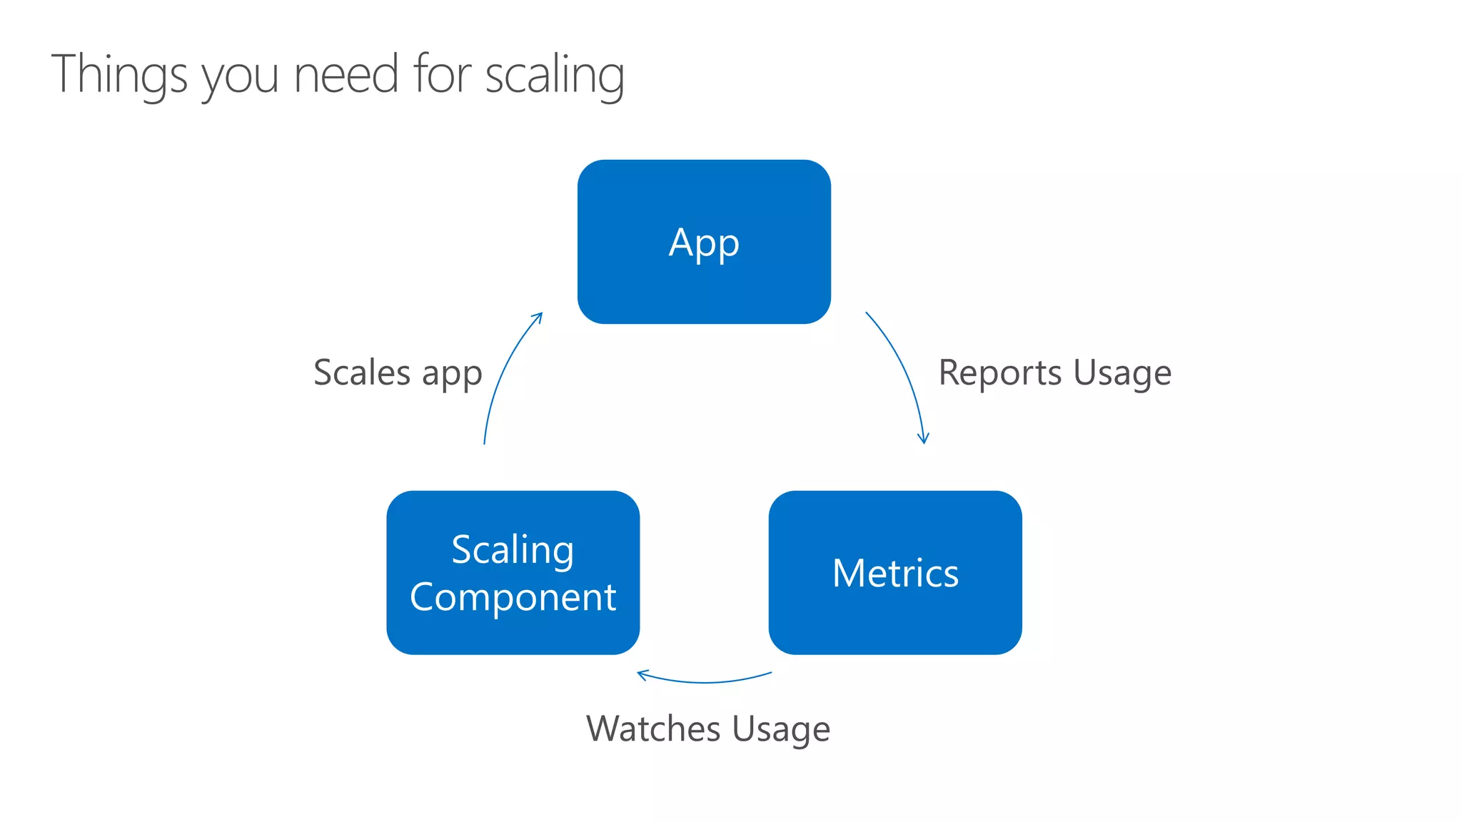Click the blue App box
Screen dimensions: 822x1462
coord(704,241)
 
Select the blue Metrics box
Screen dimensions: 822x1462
coord(895,572)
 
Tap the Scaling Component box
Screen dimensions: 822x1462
coord(513,572)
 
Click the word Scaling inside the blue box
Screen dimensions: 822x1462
coord(513,550)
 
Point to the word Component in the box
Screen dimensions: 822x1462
coord(513,597)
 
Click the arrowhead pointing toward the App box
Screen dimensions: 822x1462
coord(539,316)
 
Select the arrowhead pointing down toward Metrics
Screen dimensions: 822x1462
coord(923,439)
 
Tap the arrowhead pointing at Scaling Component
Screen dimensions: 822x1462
coord(641,674)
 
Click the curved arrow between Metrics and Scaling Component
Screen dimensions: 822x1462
coord(705,681)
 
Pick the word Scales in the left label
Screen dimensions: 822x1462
coord(362,372)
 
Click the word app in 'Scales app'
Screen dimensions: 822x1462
coord(452,375)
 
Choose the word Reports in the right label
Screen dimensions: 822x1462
coord(1000,373)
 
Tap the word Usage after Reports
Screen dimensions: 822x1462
coord(1122,373)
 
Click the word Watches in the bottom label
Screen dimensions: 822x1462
coord(653,729)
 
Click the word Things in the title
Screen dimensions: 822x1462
coord(119,75)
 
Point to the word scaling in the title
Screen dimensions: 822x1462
coord(555,75)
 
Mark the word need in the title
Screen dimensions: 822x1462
coord(346,74)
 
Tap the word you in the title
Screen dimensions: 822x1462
coord(241,77)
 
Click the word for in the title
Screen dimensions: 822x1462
coord(442,73)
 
